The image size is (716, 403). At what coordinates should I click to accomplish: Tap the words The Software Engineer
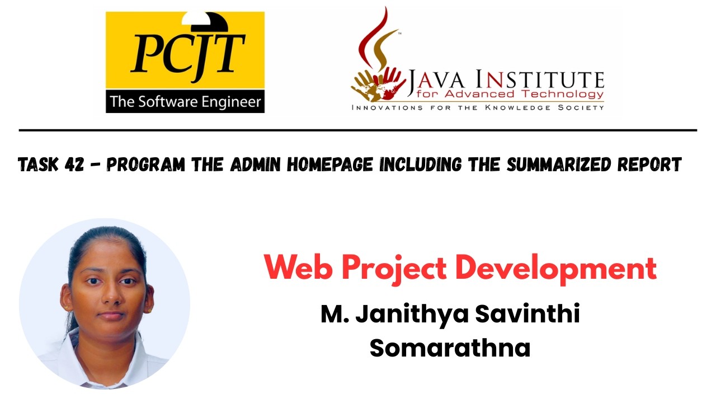click(x=185, y=102)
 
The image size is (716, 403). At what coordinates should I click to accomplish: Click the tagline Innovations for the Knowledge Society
click(x=477, y=107)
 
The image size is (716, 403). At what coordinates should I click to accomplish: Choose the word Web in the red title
click(x=298, y=268)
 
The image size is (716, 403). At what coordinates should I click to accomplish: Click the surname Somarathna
click(x=450, y=348)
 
